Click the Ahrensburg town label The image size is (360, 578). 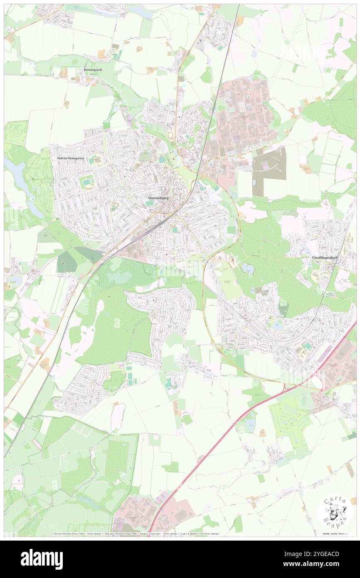tap(158, 199)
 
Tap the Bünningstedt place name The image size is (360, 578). tap(93, 70)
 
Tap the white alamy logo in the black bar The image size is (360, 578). tap(42, 559)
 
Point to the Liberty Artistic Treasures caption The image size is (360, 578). tap(335, 533)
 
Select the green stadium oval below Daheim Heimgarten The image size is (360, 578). tap(86, 182)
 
